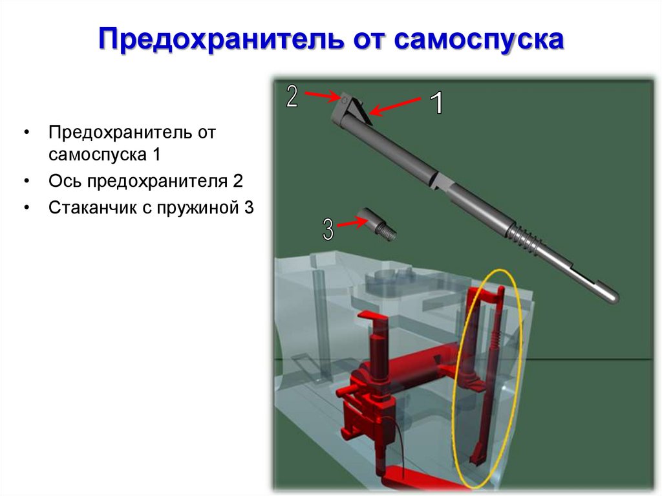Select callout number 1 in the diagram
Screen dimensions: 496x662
pyautogui.click(x=436, y=103)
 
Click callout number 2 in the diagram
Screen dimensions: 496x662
pyautogui.click(x=292, y=96)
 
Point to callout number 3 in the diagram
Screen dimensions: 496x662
pyautogui.click(x=328, y=229)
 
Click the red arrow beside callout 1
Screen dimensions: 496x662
pyautogui.click(x=396, y=107)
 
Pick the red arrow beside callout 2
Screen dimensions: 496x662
pyautogui.click(x=322, y=96)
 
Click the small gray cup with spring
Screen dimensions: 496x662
pyautogui.click(x=378, y=222)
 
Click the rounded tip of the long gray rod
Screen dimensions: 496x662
pyautogui.click(x=612, y=296)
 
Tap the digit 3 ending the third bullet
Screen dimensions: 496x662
pyautogui.click(x=249, y=208)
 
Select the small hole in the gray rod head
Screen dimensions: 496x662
pyautogui.click(x=345, y=98)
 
